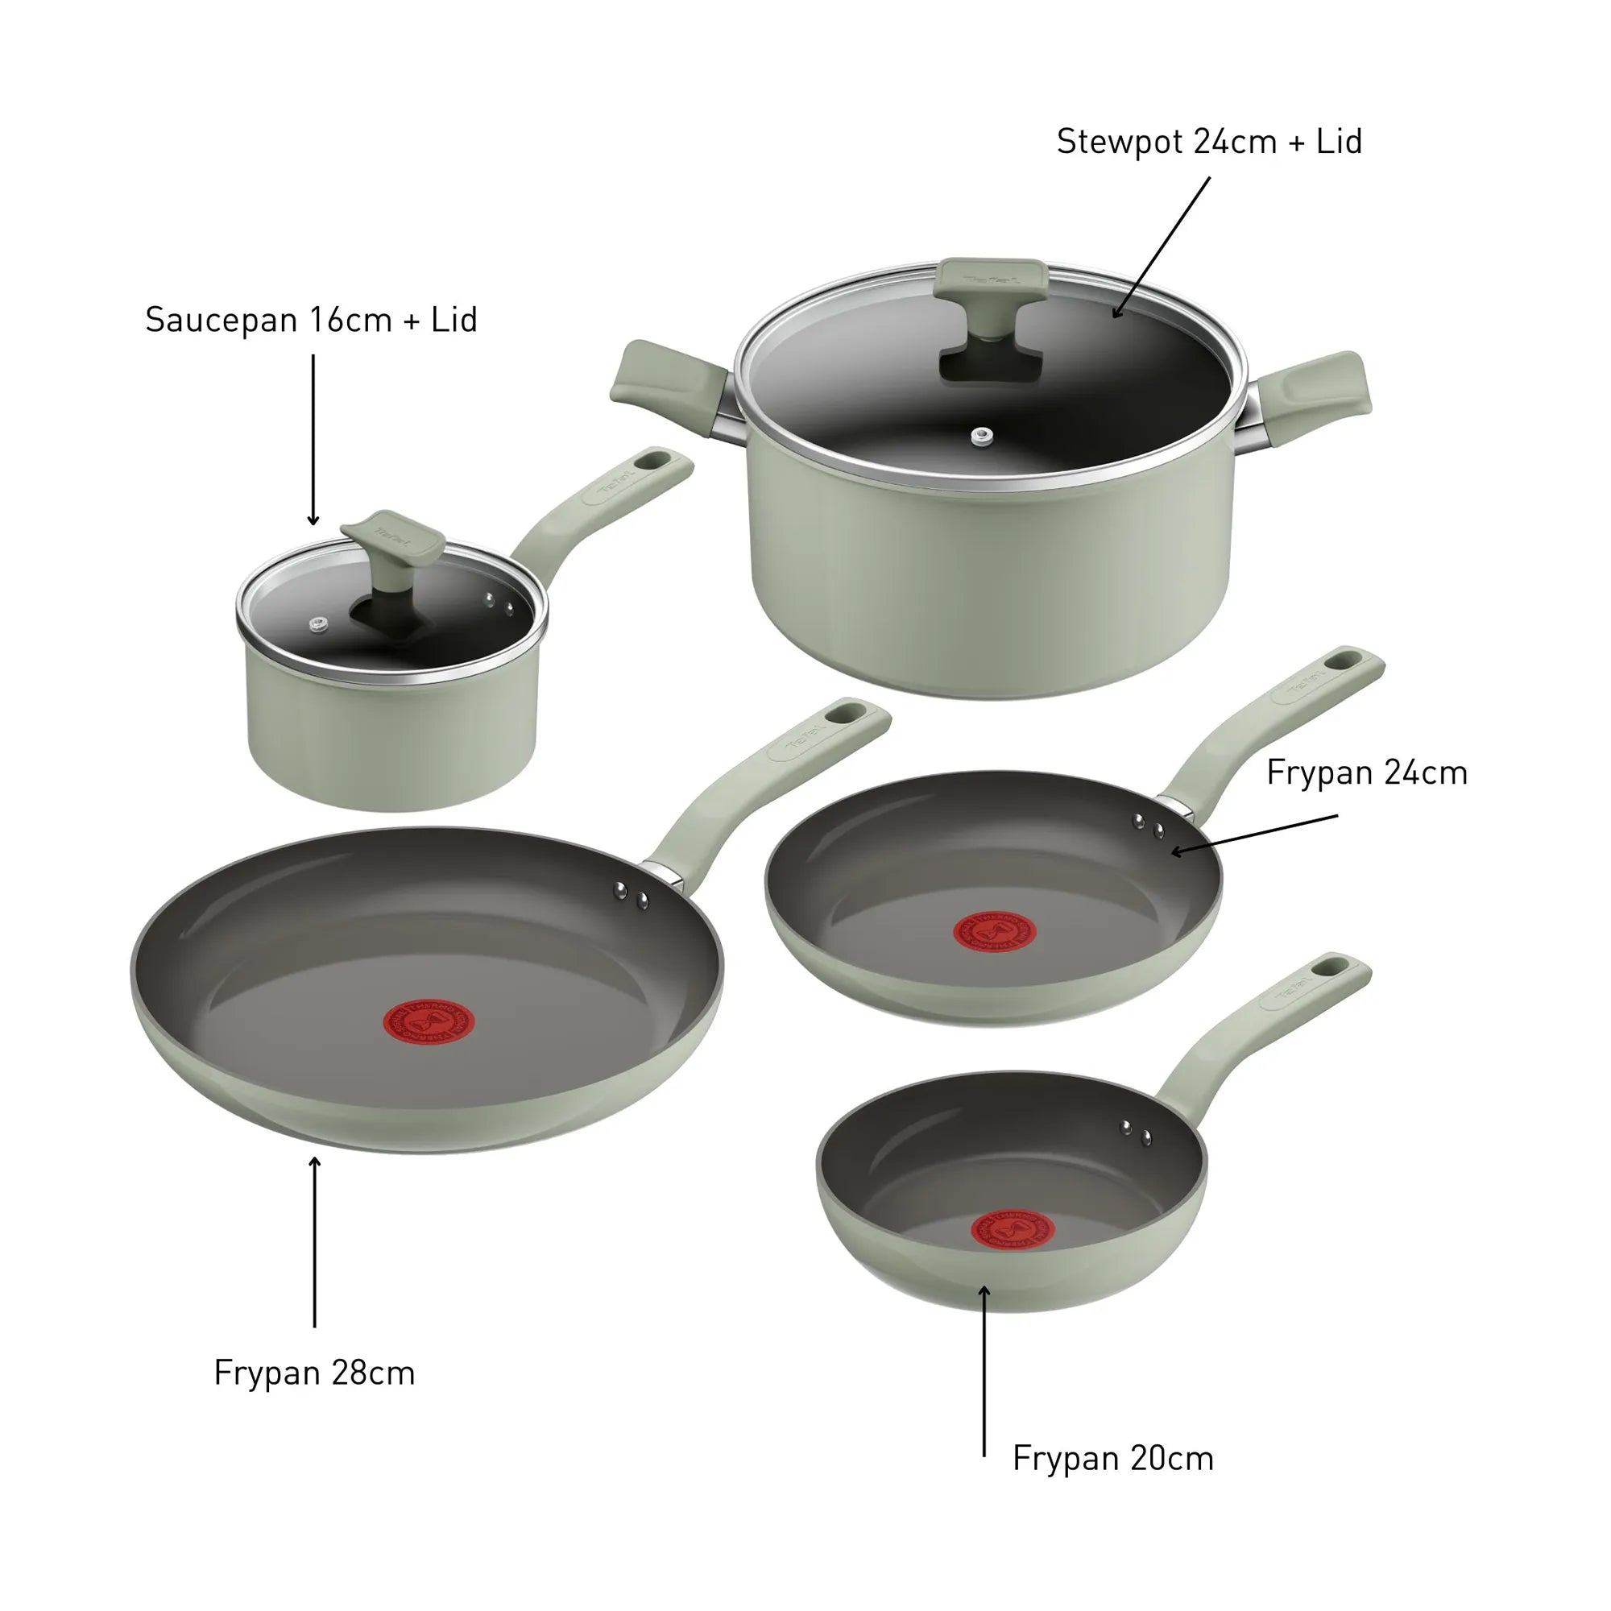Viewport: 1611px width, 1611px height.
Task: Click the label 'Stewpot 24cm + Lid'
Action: pyautogui.click(x=1208, y=142)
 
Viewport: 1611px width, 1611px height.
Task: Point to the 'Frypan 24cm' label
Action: pyautogui.click(x=1366, y=773)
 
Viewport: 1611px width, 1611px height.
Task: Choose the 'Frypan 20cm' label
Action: pyautogui.click(x=1112, y=1459)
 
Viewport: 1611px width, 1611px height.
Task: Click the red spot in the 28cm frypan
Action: pyautogui.click(x=429, y=1021)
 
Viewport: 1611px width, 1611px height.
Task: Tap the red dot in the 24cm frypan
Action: pyautogui.click(x=994, y=932)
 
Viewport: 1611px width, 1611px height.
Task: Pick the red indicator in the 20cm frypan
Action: pyautogui.click(x=1013, y=1231)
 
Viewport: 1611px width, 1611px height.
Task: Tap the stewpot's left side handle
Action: pyautogui.click(x=667, y=383)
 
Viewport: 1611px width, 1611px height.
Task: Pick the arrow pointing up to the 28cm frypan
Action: pyautogui.click(x=314, y=1242)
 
